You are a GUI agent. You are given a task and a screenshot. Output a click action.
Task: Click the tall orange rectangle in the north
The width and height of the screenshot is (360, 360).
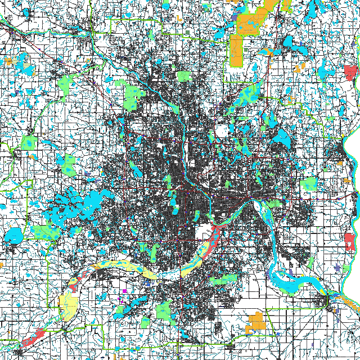click(235, 50)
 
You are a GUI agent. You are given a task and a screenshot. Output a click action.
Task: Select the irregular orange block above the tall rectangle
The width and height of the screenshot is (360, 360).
click(250, 22)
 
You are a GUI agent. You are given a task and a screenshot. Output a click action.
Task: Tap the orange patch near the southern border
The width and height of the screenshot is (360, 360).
click(257, 321)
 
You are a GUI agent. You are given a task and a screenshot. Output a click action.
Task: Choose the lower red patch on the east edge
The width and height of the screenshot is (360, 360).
click(350, 241)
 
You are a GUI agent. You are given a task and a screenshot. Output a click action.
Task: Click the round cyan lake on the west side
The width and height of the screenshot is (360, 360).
click(12, 235)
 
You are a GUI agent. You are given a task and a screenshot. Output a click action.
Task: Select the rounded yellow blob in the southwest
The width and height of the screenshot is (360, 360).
click(69, 304)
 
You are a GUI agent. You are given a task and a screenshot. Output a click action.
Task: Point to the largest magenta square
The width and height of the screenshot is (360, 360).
click(124, 291)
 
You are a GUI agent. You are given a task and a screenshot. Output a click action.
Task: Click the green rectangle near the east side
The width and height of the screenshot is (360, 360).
click(309, 184)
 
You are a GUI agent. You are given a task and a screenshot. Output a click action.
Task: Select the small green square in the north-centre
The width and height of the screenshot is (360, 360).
click(184, 76)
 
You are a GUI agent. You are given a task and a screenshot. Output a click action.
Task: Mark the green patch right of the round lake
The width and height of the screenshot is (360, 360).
click(45, 232)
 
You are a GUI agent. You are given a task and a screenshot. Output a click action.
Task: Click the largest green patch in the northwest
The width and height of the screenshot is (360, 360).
click(133, 95)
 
